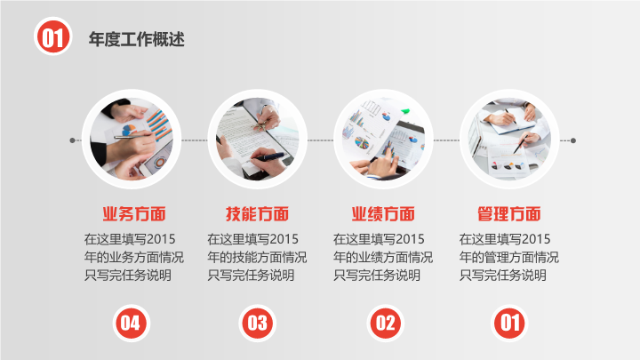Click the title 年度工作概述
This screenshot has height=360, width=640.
coord(137,39)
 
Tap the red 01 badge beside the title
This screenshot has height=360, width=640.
coord(53,36)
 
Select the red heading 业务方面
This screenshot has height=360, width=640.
coord(134,214)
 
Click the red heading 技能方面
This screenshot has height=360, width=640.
coord(257,214)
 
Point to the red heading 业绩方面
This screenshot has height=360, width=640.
coord(383,214)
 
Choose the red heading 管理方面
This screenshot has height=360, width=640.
coord(509,214)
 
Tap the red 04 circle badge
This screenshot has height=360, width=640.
coord(132,324)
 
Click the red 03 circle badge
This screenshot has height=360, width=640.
coord(258,324)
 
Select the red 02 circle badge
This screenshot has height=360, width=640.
coord(385,324)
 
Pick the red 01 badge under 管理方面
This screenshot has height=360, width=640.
coord(509,324)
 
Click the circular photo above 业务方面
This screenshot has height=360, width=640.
coord(132,140)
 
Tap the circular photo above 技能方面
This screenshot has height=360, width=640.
coord(258,140)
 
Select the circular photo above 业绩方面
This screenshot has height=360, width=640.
coord(383,140)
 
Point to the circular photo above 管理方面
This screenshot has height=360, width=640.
coord(509,140)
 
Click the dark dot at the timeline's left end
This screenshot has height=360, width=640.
coord(72,140)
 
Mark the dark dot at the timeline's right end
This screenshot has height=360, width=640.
coord(573,140)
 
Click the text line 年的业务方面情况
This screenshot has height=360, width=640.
coord(134,257)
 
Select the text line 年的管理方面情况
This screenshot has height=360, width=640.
coord(509,257)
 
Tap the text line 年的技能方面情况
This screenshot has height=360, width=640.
coord(257,257)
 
